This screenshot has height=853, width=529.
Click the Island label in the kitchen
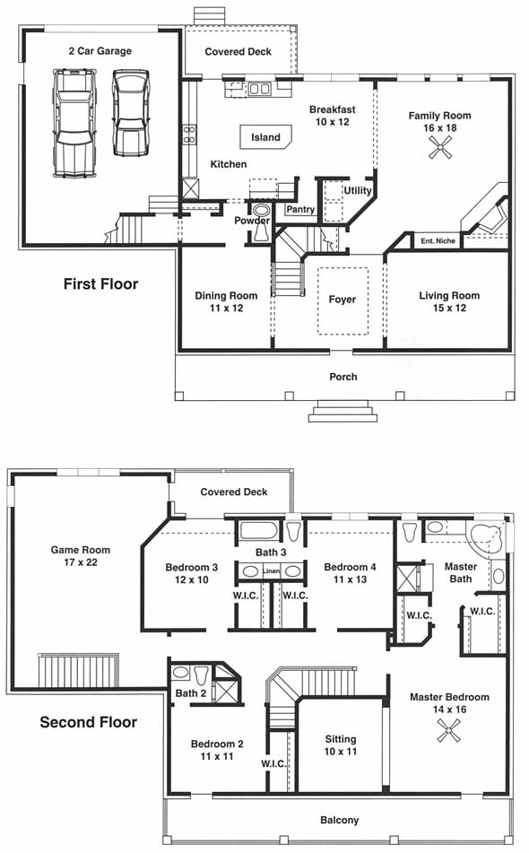pyautogui.click(x=265, y=137)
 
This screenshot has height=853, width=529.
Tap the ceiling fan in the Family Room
pyautogui.click(x=439, y=147)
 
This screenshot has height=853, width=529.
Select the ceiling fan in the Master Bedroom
pyautogui.click(x=449, y=730)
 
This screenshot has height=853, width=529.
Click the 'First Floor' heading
pyautogui.click(x=101, y=284)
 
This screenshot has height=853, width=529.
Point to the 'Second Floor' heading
pyautogui.click(x=89, y=722)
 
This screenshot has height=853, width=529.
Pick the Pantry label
pyautogui.click(x=300, y=210)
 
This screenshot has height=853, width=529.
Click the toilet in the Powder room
pyautogui.click(x=262, y=222)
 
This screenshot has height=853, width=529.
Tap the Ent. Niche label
pyautogui.click(x=438, y=240)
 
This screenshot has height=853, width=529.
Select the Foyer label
pyautogui.click(x=342, y=300)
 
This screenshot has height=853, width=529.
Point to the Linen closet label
pyautogui.click(x=271, y=571)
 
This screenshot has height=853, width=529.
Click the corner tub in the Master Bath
pyautogui.click(x=487, y=539)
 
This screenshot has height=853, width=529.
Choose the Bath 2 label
pyautogui.click(x=191, y=693)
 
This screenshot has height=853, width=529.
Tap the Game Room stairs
pyautogui.click(x=78, y=671)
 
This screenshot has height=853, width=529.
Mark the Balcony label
pyautogui.click(x=339, y=820)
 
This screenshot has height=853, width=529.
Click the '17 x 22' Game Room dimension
pyautogui.click(x=81, y=562)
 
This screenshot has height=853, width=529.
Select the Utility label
pyautogui.click(x=357, y=190)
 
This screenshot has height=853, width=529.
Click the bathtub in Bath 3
pyautogui.click(x=259, y=532)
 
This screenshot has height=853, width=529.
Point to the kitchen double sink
pyautogui.click(x=259, y=89)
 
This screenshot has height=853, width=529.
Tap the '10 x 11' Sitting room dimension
pyautogui.click(x=341, y=752)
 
